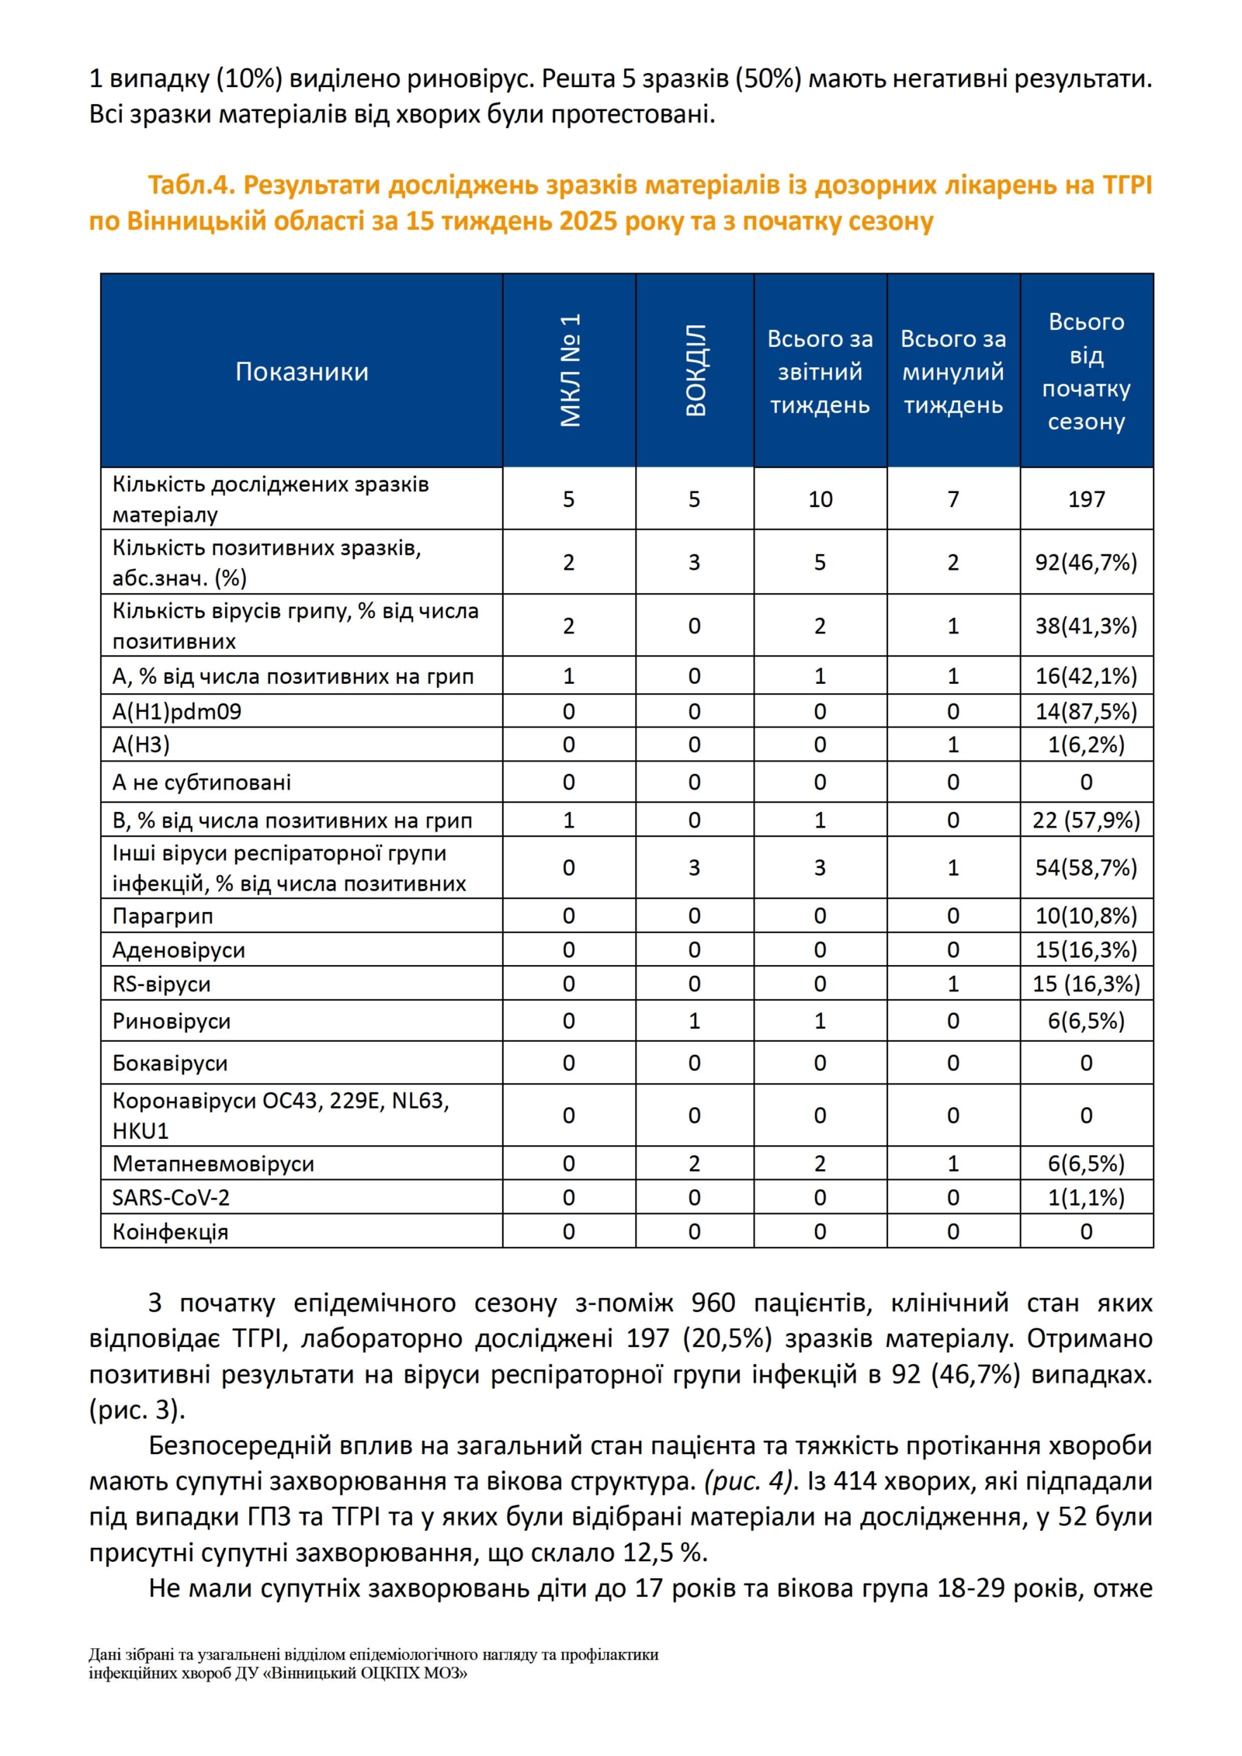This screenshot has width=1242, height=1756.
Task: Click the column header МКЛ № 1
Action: pyautogui.click(x=570, y=370)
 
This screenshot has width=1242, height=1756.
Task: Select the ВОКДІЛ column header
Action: pyautogui.click(x=696, y=370)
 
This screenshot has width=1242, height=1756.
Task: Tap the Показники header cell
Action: pyautogui.click(x=301, y=372)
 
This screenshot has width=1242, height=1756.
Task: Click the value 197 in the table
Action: pyautogui.click(x=1086, y=499)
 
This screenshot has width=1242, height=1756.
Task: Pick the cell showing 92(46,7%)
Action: pyautogui.click(x=1086, y=562)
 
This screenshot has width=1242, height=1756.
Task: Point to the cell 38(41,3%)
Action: pyautogui.click(x=1086, y=626)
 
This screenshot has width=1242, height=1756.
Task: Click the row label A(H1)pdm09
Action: pyautogui.click(x=177, y=711)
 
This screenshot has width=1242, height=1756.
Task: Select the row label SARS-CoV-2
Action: pyautogui.click(x=171, y=1197)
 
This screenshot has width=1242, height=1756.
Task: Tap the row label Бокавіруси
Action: pyautogui.click(x=170, y=1063)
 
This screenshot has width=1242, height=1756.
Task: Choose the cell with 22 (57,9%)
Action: pyautogui.click(x=1086, y=820)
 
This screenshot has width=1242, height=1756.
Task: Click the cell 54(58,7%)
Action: pyautogui.click(x=1086, y=867)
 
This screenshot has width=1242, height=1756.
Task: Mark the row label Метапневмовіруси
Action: pyautogui.click(x=213, y=1163)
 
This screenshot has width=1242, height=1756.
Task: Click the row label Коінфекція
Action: pyautogui.click(x=170, y=1231)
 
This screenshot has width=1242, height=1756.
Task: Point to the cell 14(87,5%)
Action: pyautogui.click(x=1086, y=711)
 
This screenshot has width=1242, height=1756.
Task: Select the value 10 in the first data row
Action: pyautogui.click(x=820, y=499)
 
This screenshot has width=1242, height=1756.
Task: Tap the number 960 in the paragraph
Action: pyautogui.click(x=713, y=1302)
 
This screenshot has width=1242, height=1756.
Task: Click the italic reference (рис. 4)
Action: pyautogui.click(x=751, y=1481)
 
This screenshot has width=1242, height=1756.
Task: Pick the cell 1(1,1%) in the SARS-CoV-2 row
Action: pyautogui.click(x=1086, y=1197)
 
